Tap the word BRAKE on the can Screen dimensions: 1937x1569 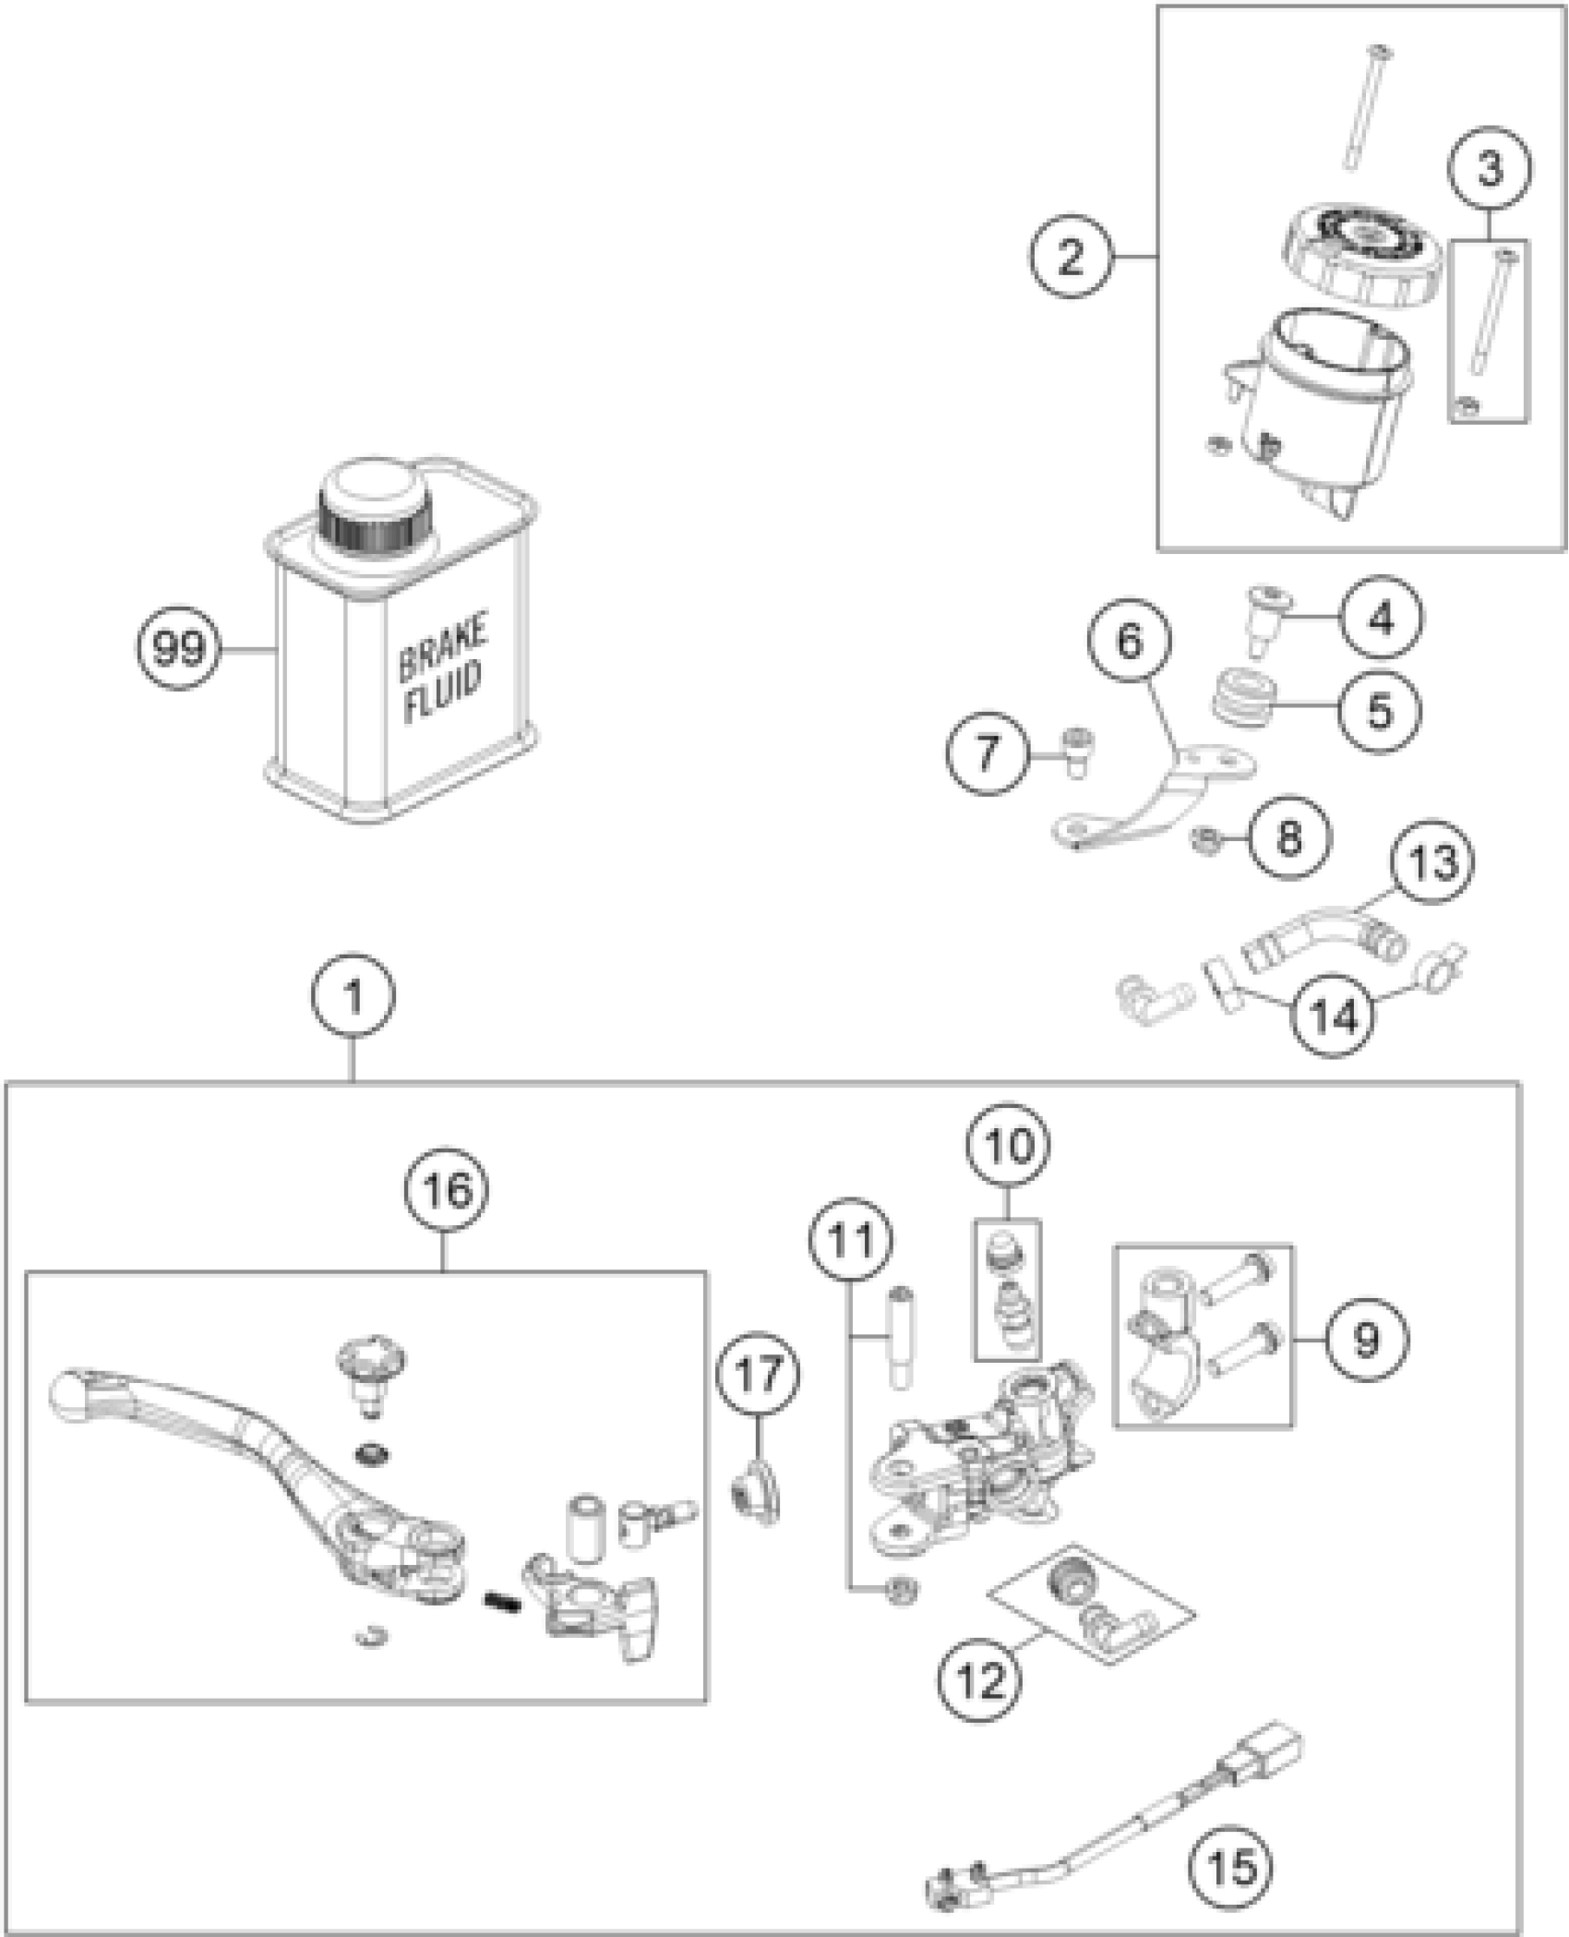(443, 649)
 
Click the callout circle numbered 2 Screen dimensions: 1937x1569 (1070, 257)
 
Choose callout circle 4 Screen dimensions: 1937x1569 (1382, 620)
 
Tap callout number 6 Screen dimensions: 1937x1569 (1130, 641)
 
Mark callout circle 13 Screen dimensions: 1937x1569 (1434, 860)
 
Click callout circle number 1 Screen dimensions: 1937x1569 (353, 997)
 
